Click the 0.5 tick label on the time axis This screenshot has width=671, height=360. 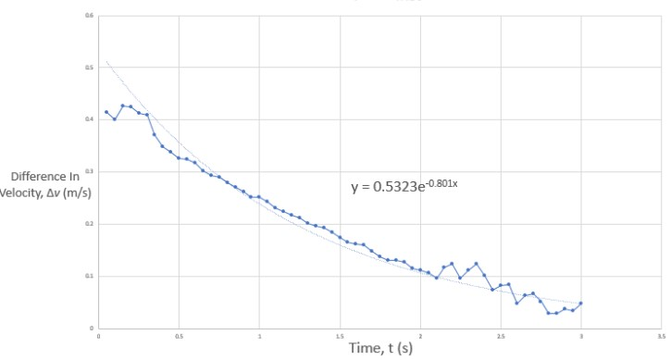(x=179, y=336)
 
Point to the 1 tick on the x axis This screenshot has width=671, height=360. (x=259, y=336)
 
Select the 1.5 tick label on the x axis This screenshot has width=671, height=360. (x=340, y=336)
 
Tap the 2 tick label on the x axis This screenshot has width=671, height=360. (x=420, y=336)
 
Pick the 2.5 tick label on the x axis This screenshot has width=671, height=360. (x=500, y=336)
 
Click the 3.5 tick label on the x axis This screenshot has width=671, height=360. (x=660, y=336)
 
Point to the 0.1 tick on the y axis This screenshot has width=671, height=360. (x=90, y=276)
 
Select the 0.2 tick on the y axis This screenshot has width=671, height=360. (x=90, y=224)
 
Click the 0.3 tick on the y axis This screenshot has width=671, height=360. (x=90, y=171)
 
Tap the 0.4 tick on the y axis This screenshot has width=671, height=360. (x=90, y=119)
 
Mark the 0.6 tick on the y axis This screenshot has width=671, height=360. (x=90, y=16)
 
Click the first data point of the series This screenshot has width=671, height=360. (x=106, y=112)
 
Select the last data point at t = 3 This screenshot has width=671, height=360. (x=580, y=304)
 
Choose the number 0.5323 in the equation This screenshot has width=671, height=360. (x=396, y=187)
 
